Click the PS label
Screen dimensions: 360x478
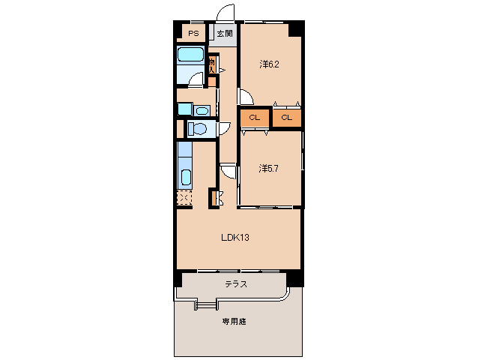[193, 33]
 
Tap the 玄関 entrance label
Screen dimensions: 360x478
[225, 34]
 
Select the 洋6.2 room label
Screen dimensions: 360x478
[270, 64]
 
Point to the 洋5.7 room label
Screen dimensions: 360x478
[270, 168]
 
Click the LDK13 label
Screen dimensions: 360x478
[235, 238]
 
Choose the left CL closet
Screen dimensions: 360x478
[255, 117]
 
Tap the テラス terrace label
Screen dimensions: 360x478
[236, 284]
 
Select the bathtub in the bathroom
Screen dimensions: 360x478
[191, 56]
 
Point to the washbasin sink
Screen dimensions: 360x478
[201, 110]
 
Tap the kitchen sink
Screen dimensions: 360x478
[185, 178]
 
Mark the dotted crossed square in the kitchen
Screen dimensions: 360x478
[184, 199]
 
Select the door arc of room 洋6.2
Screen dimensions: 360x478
[245, 96]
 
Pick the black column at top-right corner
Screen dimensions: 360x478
[297, 28]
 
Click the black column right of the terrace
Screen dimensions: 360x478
[297, 277]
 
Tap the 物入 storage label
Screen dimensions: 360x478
[213, 65]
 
